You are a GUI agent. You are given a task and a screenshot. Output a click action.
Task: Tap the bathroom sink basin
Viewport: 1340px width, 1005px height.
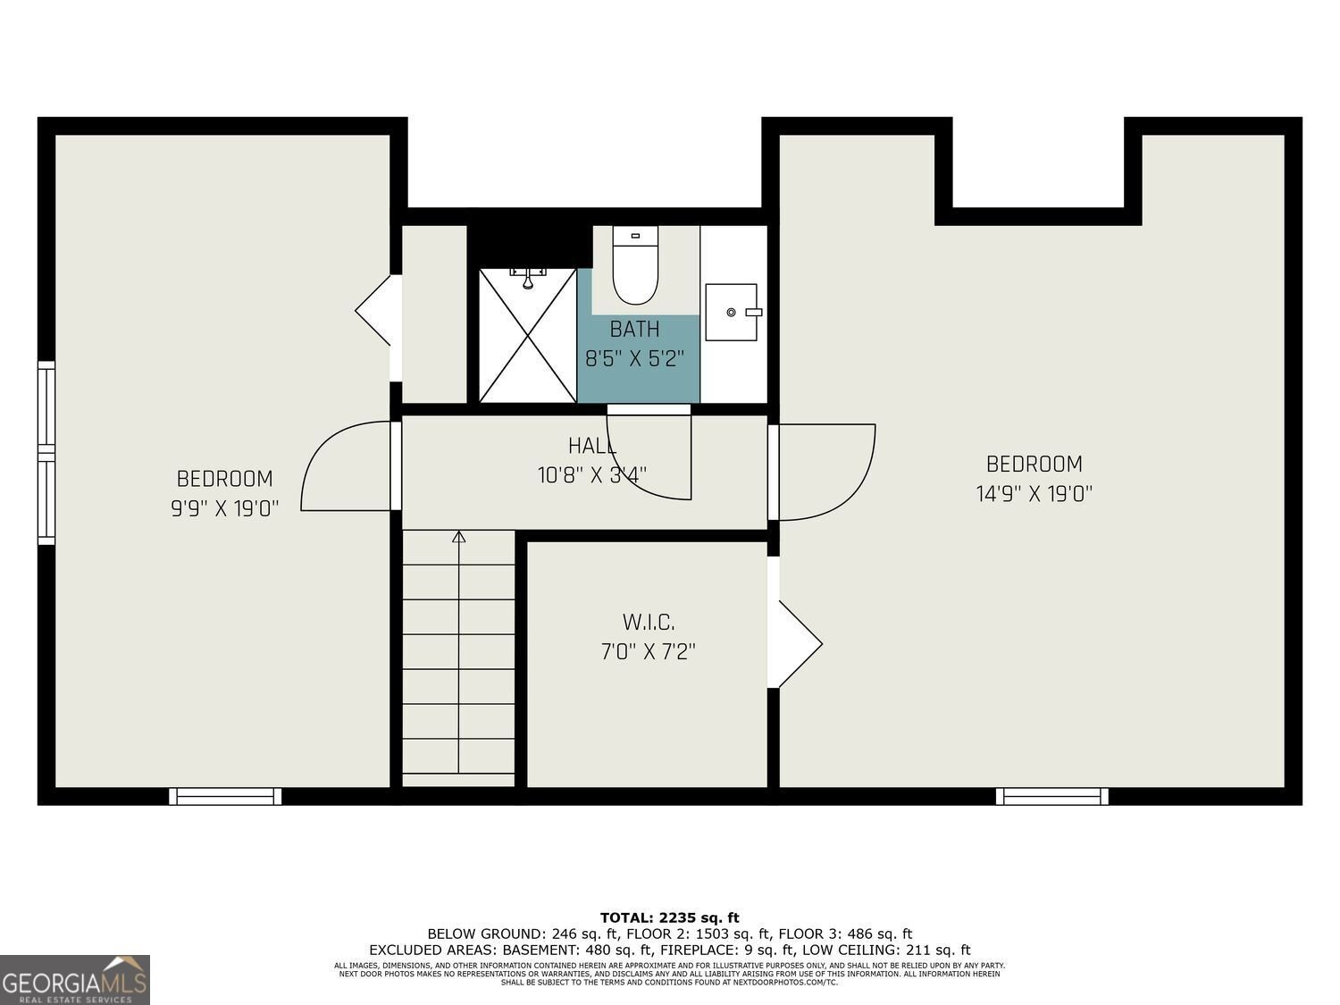(x=732, y=312)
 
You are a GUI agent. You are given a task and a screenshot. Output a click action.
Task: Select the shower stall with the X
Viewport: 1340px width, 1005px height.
(x=528, y=335)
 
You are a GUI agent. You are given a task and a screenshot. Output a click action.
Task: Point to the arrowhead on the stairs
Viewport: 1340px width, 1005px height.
(x=459, y=537)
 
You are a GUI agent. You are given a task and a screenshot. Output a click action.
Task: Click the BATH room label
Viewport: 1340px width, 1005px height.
(x=635, y=330)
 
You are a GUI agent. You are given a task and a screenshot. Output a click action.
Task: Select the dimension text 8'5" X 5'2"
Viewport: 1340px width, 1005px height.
(x=635, y=359)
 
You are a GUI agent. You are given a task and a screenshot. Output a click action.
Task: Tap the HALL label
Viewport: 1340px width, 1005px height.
(x=592, y=446)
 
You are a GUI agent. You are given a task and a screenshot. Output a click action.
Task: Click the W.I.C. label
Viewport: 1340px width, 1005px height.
(x=649, y=623)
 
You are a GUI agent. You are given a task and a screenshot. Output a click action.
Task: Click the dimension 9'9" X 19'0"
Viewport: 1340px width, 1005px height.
(x=225, y=509)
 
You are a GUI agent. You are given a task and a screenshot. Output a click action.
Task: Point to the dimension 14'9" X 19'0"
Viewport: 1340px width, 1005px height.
(x=1034, y=494)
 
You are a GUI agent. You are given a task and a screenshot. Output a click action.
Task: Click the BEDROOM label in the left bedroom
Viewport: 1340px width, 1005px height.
(x=225, y=479)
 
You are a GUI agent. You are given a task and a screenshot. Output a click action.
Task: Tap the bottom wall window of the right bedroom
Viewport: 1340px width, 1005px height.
(x=1052, y=796)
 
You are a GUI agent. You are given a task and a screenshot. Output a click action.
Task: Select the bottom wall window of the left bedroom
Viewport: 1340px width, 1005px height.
(x=225, y=796)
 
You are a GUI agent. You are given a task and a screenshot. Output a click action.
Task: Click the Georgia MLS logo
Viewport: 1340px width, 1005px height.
(x=75, y=980)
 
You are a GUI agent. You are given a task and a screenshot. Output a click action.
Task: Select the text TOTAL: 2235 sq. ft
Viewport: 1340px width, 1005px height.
(x=670, y=917)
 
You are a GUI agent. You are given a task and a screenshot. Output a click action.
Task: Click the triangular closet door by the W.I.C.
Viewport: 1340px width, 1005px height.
(x=798, y=643)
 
